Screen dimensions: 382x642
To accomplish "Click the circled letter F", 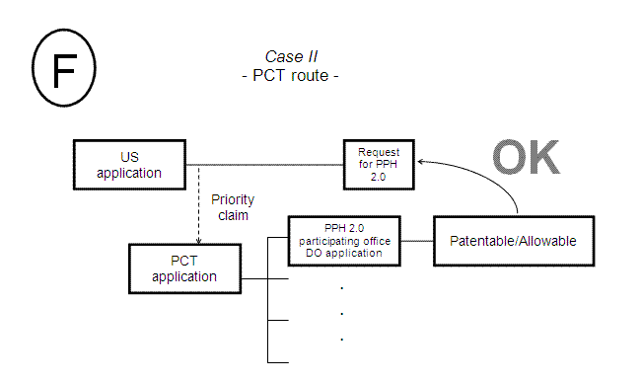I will [64, 70].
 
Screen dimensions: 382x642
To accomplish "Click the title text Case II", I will [290, 56].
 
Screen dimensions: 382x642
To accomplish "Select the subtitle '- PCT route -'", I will [290, 75].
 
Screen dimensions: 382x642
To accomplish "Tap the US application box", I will [129, 165].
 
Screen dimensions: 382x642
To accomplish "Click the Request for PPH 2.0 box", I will [379, 165].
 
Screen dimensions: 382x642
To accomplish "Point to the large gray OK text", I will [525, 158].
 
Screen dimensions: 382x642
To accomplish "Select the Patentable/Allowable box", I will [512, 240].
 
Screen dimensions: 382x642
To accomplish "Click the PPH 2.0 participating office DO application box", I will [343, 240].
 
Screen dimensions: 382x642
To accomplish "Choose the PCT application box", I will [184, 268].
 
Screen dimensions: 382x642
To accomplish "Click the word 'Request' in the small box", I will [379, 153].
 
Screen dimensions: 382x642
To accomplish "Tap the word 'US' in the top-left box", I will [129, 157].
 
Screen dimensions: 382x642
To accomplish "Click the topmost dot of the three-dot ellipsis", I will [341, 288].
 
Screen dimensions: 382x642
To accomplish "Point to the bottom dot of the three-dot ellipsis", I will [341, 339].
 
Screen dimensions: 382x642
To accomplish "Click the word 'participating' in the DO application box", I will [343, 240].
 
